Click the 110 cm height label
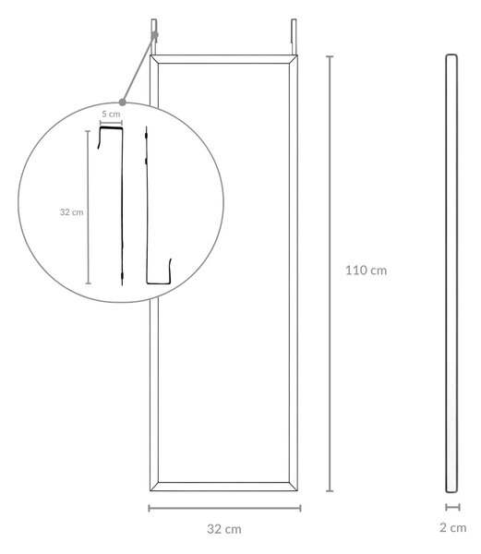tap(366, 271)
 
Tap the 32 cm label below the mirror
tap(224, 529)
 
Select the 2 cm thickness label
tap(452, 528)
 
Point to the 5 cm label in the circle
tap(111, 114)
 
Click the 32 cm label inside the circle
tap(71, 212)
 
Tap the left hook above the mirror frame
tap(153, 37)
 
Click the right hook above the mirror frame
tap(294, 37)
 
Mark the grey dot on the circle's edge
tap(122, 102)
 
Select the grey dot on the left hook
tap(155, 35)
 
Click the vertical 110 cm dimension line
tap(330, 273)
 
